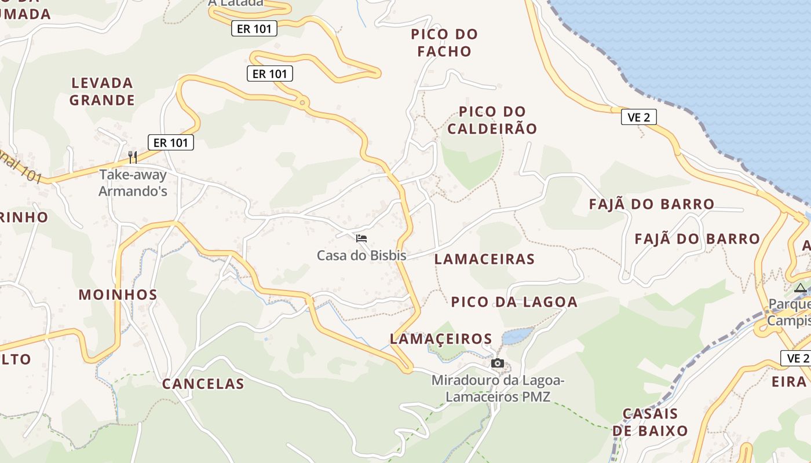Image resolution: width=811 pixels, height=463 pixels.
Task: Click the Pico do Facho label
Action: coord(444,42)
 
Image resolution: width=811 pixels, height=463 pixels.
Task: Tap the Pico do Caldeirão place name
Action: coord(492,120)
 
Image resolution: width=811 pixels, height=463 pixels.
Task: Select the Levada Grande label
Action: coord(102,91)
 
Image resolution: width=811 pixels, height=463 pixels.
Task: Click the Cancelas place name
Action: coord(203,384)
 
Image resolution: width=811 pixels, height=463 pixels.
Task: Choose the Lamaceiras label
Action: coord(484,259)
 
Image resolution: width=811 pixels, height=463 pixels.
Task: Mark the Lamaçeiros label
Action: coord(441,339)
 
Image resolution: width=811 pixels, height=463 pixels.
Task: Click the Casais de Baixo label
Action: coord(650,422)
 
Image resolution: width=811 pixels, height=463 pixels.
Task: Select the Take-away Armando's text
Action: coord(133,182)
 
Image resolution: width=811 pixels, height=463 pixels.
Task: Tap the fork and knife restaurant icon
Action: coord(133,157)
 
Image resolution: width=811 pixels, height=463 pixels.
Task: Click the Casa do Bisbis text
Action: coord(361,255)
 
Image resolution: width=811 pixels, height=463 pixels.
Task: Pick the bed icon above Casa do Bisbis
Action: coord(361,238)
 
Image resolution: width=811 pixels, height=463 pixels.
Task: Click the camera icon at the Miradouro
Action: coord(497,363)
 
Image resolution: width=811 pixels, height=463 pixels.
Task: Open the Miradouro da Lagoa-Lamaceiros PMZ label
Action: coord(498,388)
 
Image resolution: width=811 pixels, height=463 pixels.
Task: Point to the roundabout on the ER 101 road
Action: coord(302,104)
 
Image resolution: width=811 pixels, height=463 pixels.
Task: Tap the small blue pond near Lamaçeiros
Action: coord(517,336)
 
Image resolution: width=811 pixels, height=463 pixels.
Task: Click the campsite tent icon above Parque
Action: coord(800,288)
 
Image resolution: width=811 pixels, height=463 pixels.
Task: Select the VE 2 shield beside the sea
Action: coord(638,117)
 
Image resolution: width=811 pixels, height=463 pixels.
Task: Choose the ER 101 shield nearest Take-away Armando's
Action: coord(171,142)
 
